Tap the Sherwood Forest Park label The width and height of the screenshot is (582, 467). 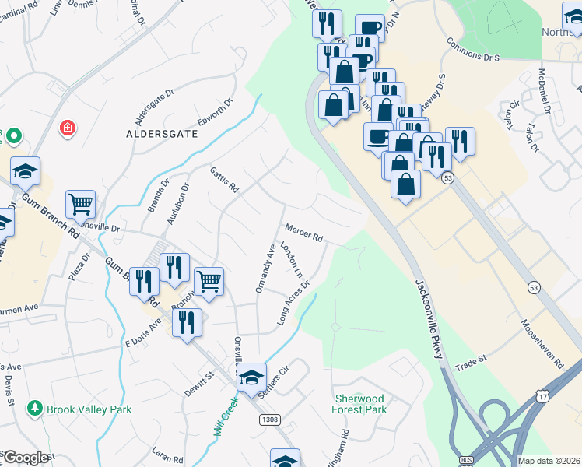click(359, 404)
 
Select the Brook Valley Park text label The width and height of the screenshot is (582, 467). click(89, 409)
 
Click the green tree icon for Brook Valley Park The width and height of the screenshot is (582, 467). click(34, 408)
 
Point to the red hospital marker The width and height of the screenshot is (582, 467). click(68, 127)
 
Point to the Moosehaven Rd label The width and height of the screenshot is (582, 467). click(542, 342)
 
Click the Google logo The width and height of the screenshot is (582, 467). click(26, 458)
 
